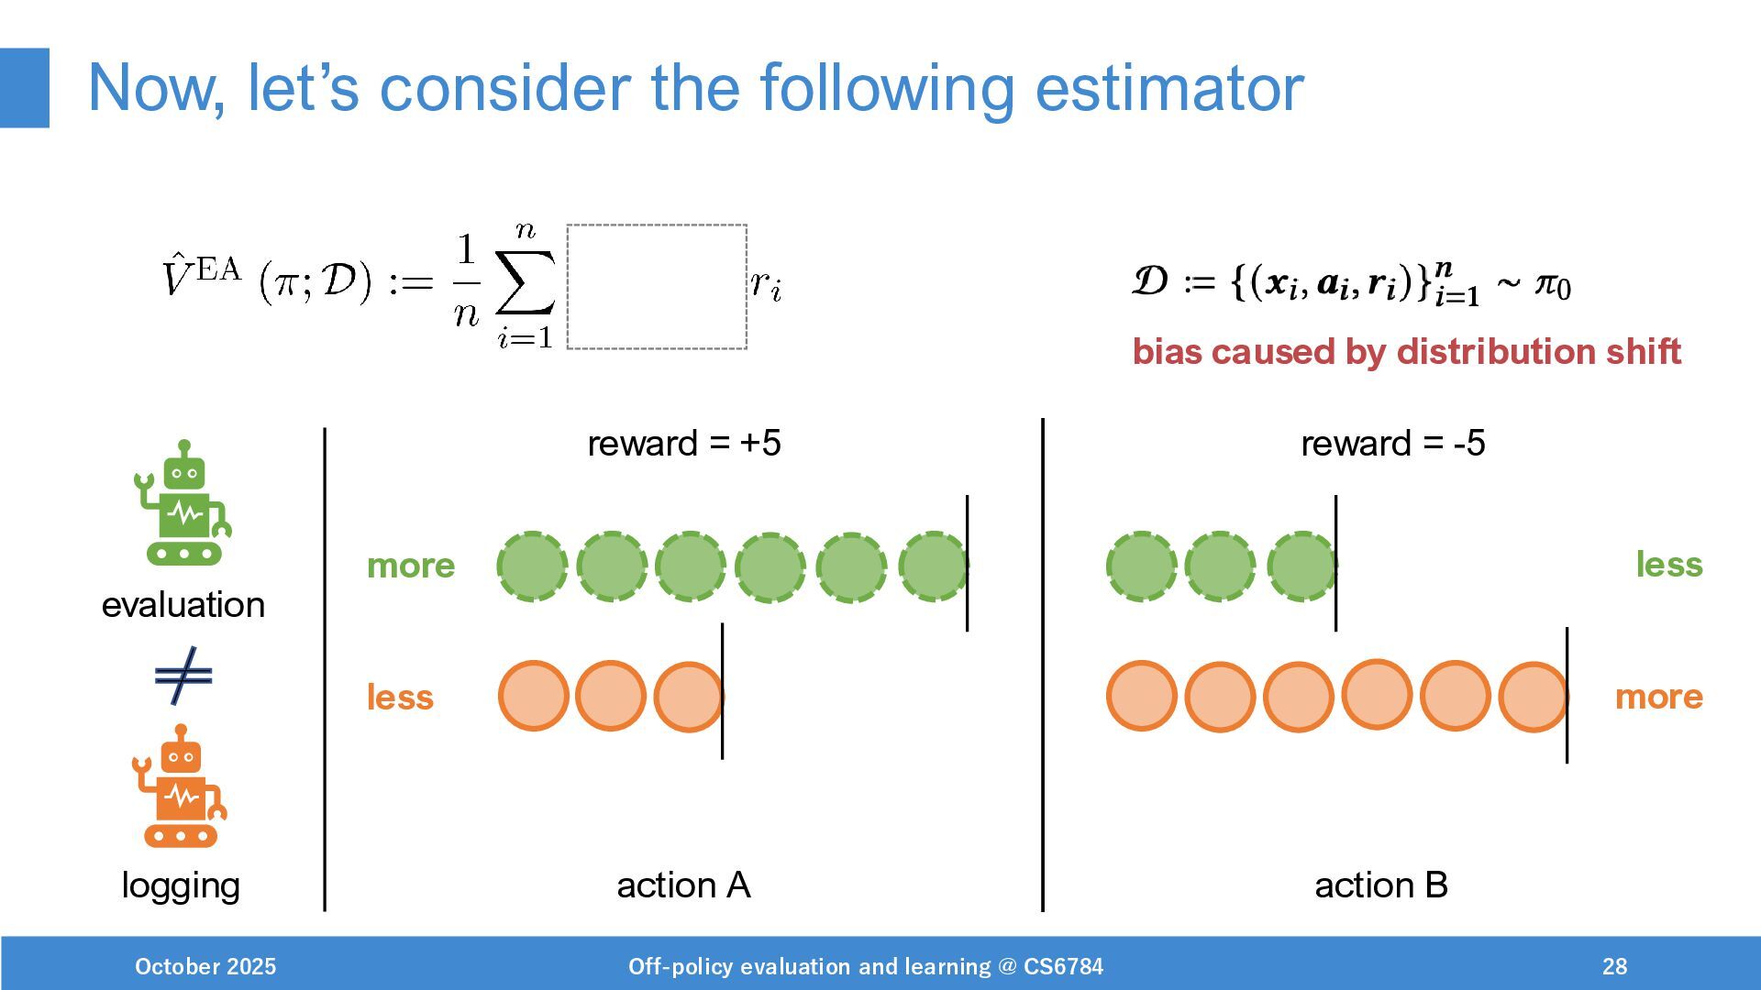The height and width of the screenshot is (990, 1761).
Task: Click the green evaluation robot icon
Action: [x=183, y=503]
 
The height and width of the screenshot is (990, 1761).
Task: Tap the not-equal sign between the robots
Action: [x=183, y=676]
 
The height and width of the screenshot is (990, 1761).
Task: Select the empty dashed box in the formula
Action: [x=657, y=286]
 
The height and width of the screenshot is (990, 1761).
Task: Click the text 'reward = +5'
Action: [x=683, y=444]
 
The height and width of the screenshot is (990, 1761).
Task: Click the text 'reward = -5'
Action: [x=1392, y=444]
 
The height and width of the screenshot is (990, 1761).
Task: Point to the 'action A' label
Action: [x=683, y=885]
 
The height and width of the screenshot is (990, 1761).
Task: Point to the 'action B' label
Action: [x=1380, y=885]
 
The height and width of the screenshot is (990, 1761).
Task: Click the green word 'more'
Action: [x=410, y=566]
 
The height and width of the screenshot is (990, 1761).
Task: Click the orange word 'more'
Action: [x=1658, y=697]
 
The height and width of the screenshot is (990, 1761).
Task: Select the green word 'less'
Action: [x=1668, y=565]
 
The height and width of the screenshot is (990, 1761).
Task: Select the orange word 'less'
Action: [x=400, y=698]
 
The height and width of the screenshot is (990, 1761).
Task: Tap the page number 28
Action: [x=1614, y=966]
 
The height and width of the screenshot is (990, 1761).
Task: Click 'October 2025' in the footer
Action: [x=205, y=966]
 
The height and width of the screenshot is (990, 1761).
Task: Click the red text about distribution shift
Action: [x=1406, y=352]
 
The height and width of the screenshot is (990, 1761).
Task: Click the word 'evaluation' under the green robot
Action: [x=183, y=605]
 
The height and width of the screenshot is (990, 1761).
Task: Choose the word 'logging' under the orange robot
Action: [x=181, y=885]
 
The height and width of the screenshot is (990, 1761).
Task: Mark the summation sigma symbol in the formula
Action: [x=525, y=282]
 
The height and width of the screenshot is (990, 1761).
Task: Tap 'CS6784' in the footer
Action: [x=1063, y=966]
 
